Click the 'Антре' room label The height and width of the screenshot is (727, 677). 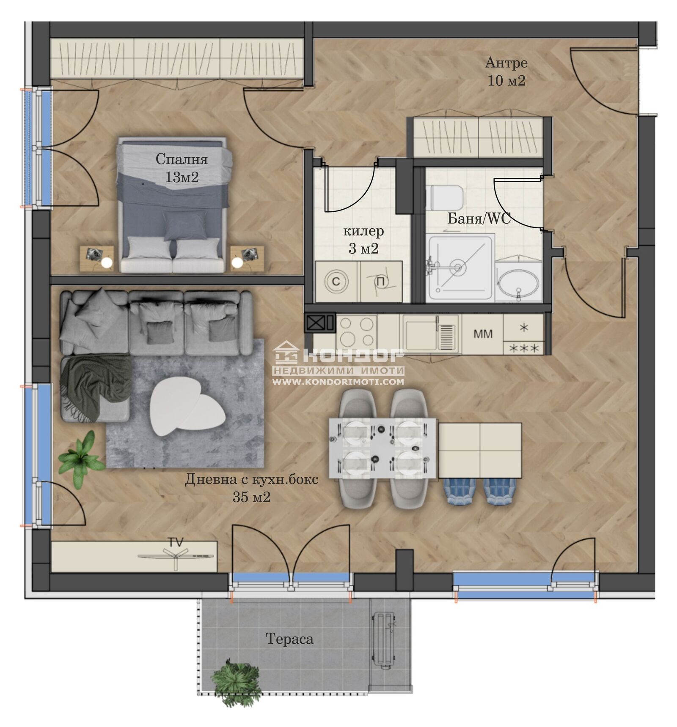506,63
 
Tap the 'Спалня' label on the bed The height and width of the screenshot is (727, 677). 182,159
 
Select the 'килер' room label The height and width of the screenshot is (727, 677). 363,231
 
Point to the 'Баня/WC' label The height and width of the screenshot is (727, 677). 479,219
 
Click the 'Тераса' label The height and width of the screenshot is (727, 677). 289,639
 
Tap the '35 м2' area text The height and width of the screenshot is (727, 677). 251,497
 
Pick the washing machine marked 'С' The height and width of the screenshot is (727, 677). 336,281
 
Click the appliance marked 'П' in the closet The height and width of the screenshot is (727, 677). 381,282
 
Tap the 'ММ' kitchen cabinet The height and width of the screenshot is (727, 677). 483,334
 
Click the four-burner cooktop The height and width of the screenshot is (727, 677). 357,332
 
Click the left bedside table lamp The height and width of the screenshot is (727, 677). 107,263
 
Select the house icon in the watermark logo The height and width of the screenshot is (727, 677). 286,353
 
